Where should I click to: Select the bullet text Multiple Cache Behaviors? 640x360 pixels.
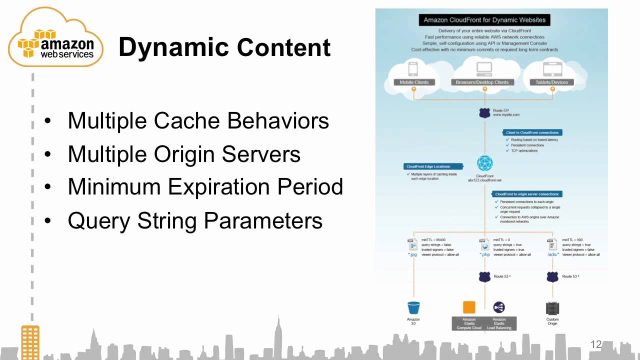pyautogui.click(x=198, y=120)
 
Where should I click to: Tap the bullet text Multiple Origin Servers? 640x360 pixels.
pyautogui.click(x=184, y=154)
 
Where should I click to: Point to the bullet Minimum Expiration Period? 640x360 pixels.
pyautogui.click(x=205, y=187)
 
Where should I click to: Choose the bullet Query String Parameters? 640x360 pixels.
pyautogui.click(x=195, y=220)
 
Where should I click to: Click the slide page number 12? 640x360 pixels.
pyautogui.click(x=595, y=344)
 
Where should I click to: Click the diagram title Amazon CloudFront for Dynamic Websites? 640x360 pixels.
pyautogui.click(x=484, y=20)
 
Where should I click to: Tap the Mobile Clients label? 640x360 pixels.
pyautogui.click(x=414, y=82)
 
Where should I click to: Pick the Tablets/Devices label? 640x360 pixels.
pyautogui.click(x=552, y=82)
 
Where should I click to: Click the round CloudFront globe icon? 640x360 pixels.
pyautogui.click(x=484, y=163)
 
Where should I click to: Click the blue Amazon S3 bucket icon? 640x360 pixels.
pyautogui.click(x=413, y=307)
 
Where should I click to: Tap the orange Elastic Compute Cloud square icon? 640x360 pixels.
pyautogui.click(x=469, y=307)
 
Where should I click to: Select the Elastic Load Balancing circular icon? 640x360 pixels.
pyautogui.click(x=499, y=307)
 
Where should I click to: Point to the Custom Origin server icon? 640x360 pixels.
pyautogui.click(x=552, y=308)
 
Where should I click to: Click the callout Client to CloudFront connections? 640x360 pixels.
pyautogui.click(x=533, y=132)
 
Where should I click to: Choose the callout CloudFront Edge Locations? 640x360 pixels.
pyautogui.click(x=428, y=166)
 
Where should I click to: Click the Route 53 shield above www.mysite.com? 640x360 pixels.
pyautogui.click(x=484, y=113)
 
